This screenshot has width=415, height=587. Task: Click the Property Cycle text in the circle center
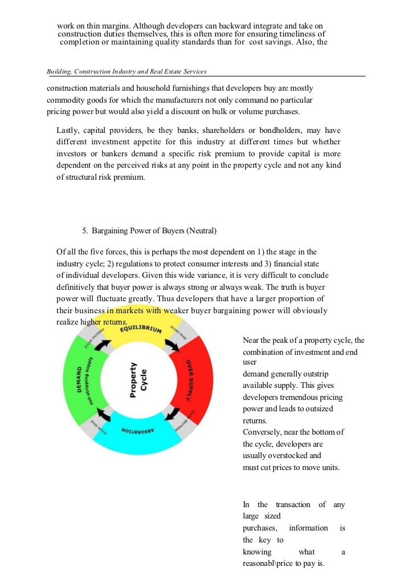click(137, 380)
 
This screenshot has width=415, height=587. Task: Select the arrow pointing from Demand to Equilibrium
click(103, 345)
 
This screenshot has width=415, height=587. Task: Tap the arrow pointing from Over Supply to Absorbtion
click(170, 413)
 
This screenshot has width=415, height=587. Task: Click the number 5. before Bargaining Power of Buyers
click(84, 231)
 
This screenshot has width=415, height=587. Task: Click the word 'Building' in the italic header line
click(59, 71)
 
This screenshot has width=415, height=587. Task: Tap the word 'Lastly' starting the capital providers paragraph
click(68, 131)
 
